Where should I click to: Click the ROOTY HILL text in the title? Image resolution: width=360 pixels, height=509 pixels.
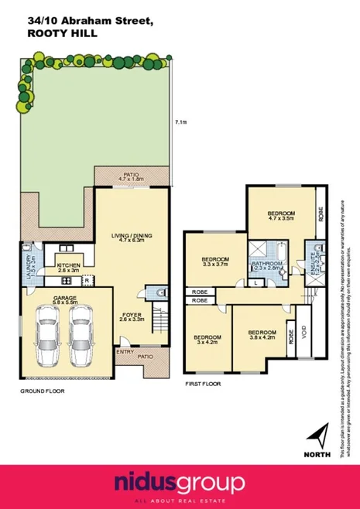pyautogui.click(x=53, y=34)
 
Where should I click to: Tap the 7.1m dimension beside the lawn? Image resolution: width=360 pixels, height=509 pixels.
pyautogui.click(x=180, y=121)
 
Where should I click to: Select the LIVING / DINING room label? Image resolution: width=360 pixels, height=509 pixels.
pyautogui.click(x=129, y=237)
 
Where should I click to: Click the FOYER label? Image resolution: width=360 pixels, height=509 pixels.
pyautogui.click(x=131, y=316)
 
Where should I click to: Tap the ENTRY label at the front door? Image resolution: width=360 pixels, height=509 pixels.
pyautogui.click(x=124, y=352)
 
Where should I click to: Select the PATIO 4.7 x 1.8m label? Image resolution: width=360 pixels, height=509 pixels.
pyautogui.click(x=129, y=177)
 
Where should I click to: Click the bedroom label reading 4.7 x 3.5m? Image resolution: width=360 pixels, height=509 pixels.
pyautogui.click(x=280, y=216)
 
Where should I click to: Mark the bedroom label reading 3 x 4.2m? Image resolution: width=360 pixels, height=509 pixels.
pyautogui.click(x=208, y=340)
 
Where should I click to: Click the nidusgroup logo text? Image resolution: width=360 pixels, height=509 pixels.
pyautogui.click(x=180, y=483)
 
